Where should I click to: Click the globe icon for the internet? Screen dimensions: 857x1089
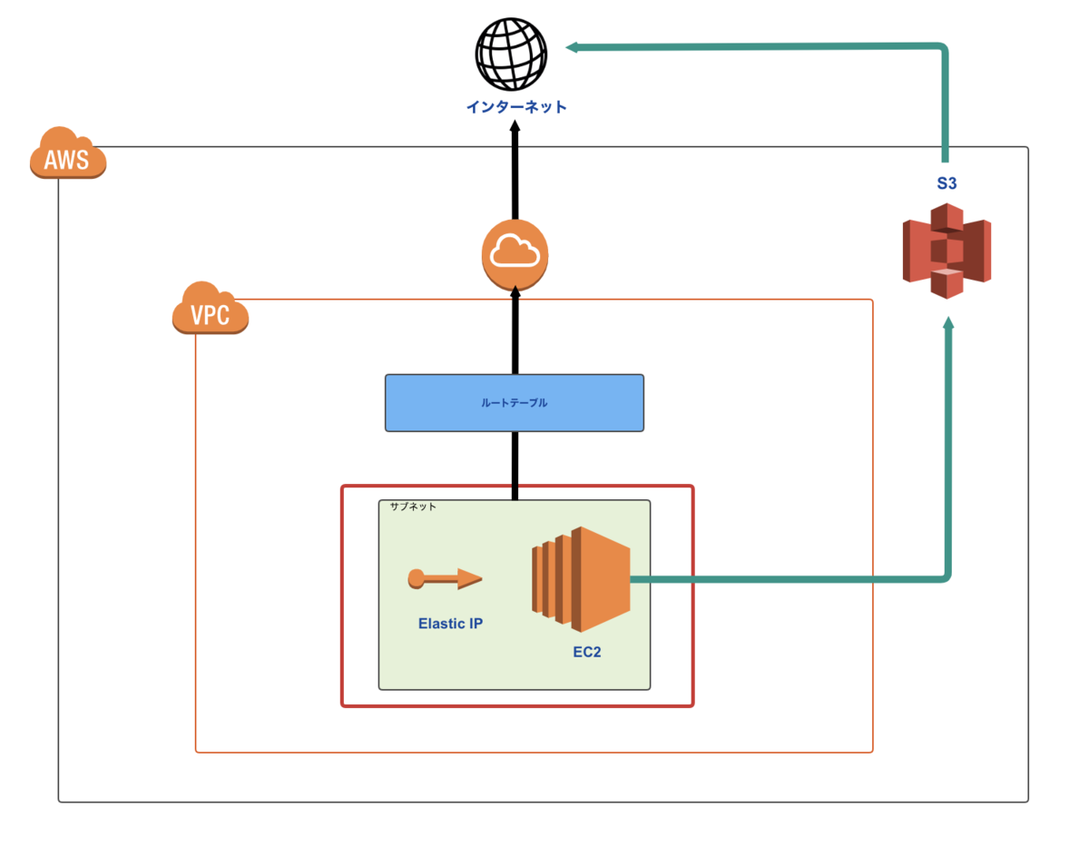click(512, 54)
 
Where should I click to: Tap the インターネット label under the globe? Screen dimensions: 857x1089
click(516, 107)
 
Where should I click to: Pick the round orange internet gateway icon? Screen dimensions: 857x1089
click(515, 254)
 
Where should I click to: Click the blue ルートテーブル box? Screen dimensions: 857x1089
click(515, 402)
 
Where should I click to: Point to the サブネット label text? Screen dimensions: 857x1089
click(413, 507)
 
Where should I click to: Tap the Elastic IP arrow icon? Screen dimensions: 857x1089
click(446, 578)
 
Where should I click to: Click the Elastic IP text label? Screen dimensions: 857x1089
click(450, 624)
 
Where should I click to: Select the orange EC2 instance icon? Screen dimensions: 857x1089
click(581, 577)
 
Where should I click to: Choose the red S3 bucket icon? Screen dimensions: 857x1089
click(947, 251)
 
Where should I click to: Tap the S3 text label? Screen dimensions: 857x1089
click(947, 183)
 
